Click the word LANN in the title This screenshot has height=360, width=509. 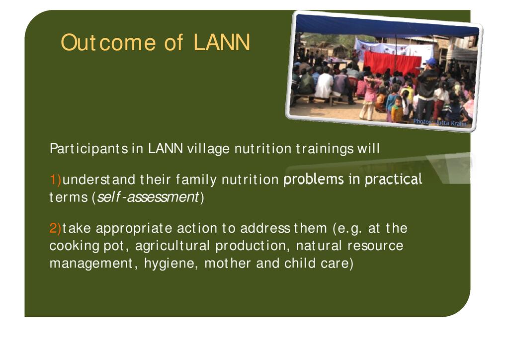pos(222,42)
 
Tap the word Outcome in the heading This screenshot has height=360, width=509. pos(108,42)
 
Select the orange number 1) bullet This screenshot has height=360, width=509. pos(56,180)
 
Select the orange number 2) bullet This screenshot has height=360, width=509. pos(56,228)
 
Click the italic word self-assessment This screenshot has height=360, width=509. pos(148,197)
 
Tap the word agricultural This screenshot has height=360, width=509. pos(172,246)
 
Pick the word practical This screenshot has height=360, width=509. pos(394,180)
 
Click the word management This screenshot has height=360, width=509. pos(91,264)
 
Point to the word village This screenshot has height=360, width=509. pos(209,149)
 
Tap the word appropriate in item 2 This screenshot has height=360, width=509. pos(134,229)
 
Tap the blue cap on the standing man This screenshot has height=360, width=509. pos(431,62)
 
